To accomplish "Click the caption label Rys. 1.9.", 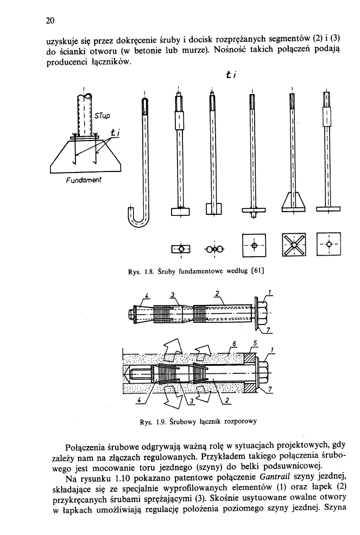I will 150,420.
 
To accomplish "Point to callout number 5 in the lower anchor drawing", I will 254,343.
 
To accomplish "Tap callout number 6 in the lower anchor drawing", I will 235,344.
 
